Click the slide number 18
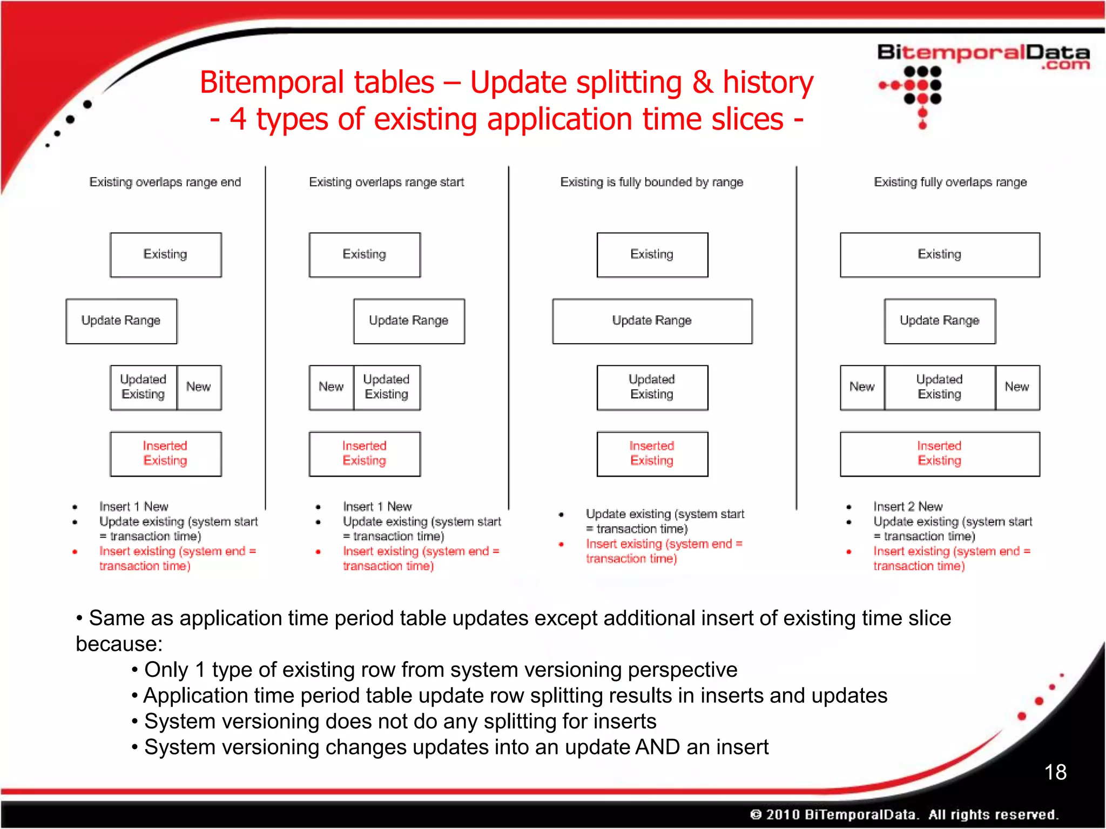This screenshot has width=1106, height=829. (x=1055, y=772)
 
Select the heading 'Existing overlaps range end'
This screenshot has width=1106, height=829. (x=165, y=182)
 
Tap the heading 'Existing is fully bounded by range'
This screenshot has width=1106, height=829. (x=651, y=182)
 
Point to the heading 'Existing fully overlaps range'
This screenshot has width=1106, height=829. (x=950, y=182)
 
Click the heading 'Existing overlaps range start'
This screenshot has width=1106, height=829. (x=386, y=182)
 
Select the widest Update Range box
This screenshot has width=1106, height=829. (x=652, y=321)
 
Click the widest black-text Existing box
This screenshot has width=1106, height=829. (x=940, y=254)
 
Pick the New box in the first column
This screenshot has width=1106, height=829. (x=199, y=387)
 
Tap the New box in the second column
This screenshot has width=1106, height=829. (x=331, y=387)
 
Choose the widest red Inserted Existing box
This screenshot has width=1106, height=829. (x=940, y=453)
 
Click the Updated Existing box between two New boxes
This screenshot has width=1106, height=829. (x=940, y=387)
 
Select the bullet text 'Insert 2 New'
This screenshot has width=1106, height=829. (x=908, y=507)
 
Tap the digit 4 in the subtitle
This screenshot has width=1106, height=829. (x=238, y=119)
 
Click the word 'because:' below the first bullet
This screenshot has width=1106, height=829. (x=119, y=644)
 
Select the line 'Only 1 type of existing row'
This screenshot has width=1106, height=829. (x=440, y=670)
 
